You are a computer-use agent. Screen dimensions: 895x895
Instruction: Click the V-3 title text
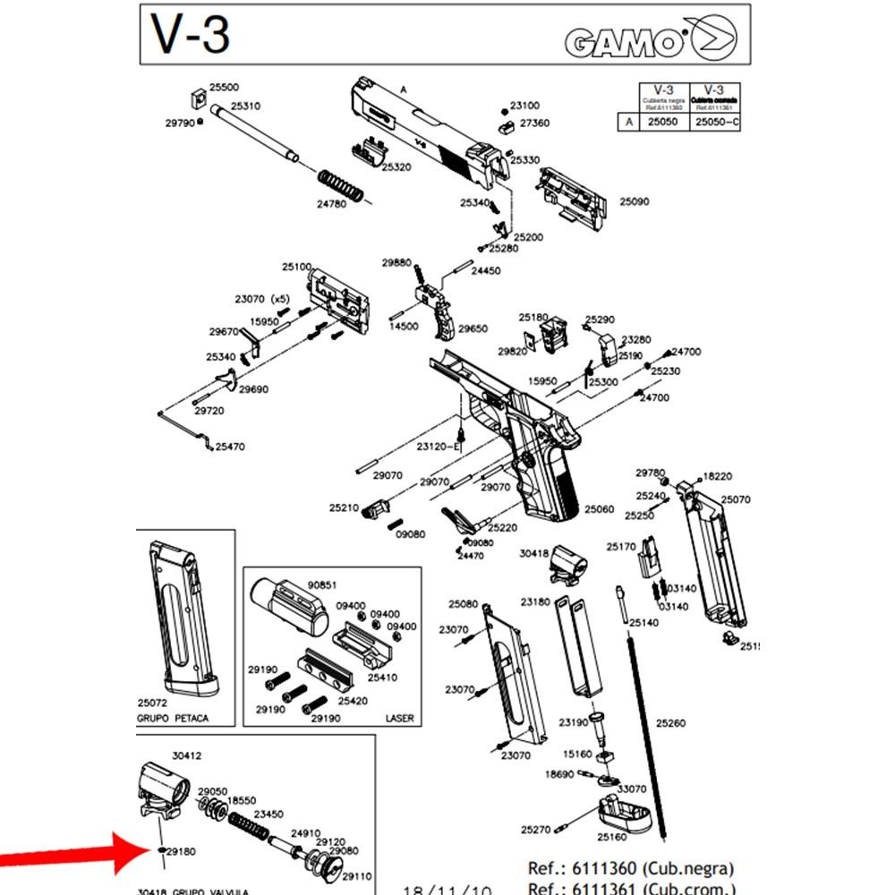(x=191, y=35)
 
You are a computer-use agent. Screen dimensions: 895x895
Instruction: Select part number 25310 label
(x=245, y=106)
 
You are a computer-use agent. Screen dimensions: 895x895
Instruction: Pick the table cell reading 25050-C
(x=717, y=122)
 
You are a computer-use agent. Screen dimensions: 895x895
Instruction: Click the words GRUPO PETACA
(x=173, y=718)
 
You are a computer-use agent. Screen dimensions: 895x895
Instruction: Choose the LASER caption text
(x=399, y=718)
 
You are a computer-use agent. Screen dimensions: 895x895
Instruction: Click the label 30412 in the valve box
(x=186, y=756)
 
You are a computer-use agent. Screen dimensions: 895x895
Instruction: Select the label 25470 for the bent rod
(x=230, y=446)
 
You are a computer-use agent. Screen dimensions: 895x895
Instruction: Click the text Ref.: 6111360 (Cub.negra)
(x=630, y=868)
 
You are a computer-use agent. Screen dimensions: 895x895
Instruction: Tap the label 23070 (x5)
(x=263, y=299)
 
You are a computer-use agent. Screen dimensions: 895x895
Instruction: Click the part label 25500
(x=224, y=88)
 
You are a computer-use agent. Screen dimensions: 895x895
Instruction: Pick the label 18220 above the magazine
(x=718, y=477)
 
